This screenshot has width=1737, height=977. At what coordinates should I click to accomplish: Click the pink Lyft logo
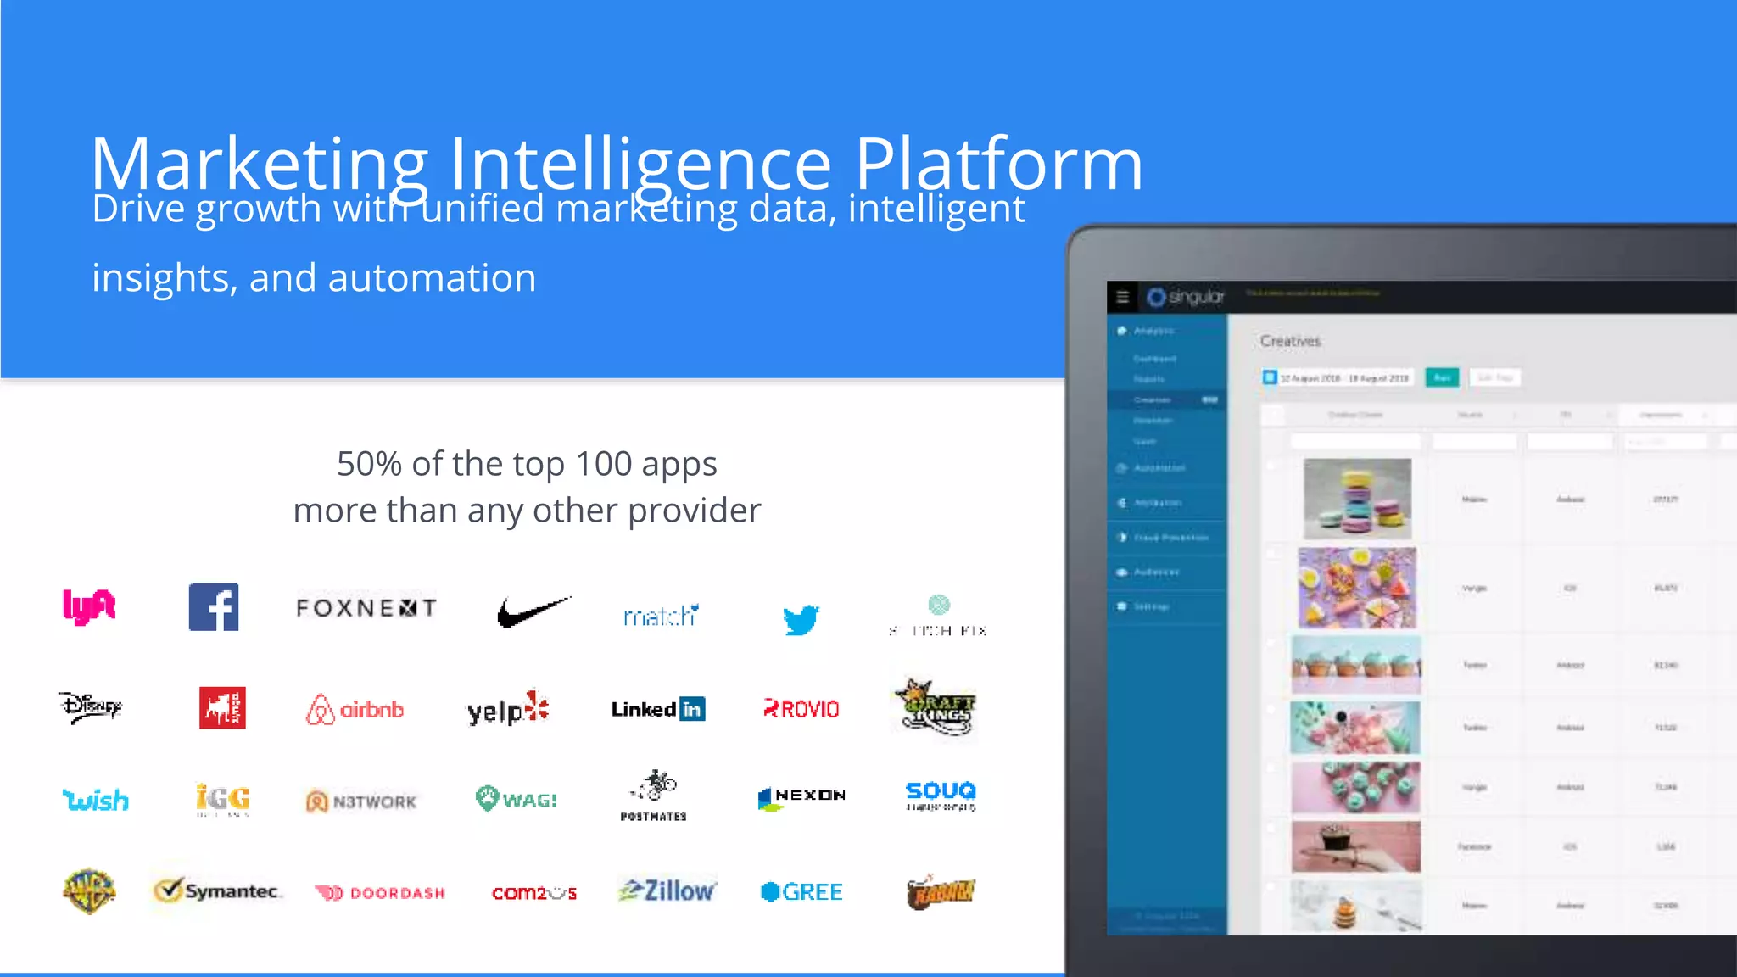click(x=89, y=607)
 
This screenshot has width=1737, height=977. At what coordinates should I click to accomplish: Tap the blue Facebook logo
click(x=214, y=607)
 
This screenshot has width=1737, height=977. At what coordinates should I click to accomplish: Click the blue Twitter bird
click(x=801, y=619)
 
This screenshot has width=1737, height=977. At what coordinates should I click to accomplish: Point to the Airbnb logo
click(x=355, y=710)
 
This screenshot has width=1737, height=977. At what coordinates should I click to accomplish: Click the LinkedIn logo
click(x=658, y=709)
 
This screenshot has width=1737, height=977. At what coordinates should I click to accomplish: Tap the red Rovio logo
click(x=801, y=709)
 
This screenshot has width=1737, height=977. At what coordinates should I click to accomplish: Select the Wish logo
click(x=96, y=800)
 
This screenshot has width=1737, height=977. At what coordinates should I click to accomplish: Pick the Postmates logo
click(x=654, y=796)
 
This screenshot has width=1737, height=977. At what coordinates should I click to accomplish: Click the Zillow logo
click(x=667, y=891)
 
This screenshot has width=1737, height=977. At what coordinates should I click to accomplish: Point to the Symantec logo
click(x=218, y=890)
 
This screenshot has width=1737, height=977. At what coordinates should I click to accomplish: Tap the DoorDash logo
click(x=380, y=893)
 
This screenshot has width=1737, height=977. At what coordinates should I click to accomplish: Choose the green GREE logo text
click(x=812, y=892)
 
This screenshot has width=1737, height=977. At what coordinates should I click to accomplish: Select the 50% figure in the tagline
click(x=369, y=464)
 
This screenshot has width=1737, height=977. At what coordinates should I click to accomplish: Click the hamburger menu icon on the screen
click(x=1123, y=297)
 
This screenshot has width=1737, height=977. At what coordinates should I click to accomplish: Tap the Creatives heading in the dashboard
click(x=1290, y=341)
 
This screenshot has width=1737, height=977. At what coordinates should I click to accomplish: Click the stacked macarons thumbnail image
click(x=1357, y=499)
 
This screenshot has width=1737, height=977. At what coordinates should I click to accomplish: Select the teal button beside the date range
click(x=1442, y=377)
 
